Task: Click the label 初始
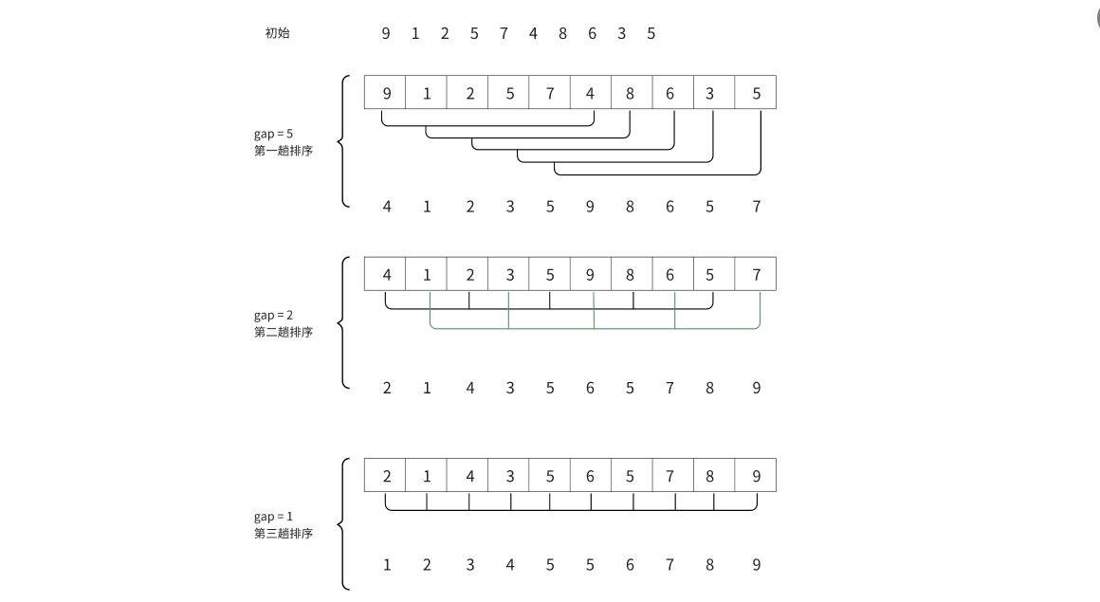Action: pos(277,33)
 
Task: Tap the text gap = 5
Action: pos(273,134)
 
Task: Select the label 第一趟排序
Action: pos(283,151)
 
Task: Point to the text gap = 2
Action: pos(273,315)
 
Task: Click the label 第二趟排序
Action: pos(283,332)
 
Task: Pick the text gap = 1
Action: pos(273,517)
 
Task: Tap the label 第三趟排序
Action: pos(283,534)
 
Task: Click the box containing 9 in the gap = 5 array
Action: pos(386,93)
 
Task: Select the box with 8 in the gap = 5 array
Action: pos(631,93)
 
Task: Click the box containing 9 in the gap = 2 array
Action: pos(590,275)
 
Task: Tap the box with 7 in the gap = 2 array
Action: pos(756,275)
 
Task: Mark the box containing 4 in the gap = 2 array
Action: pos(386,275)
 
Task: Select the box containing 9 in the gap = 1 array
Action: pos(756,476)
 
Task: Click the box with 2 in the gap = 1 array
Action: pos(386,476)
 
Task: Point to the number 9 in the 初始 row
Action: pos(386,34)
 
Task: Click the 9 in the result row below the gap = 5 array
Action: pos(590,207)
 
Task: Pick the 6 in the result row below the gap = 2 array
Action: pos(590,388)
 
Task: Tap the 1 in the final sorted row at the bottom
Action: pos(387,565)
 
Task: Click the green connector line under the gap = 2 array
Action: pos(550,328)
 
